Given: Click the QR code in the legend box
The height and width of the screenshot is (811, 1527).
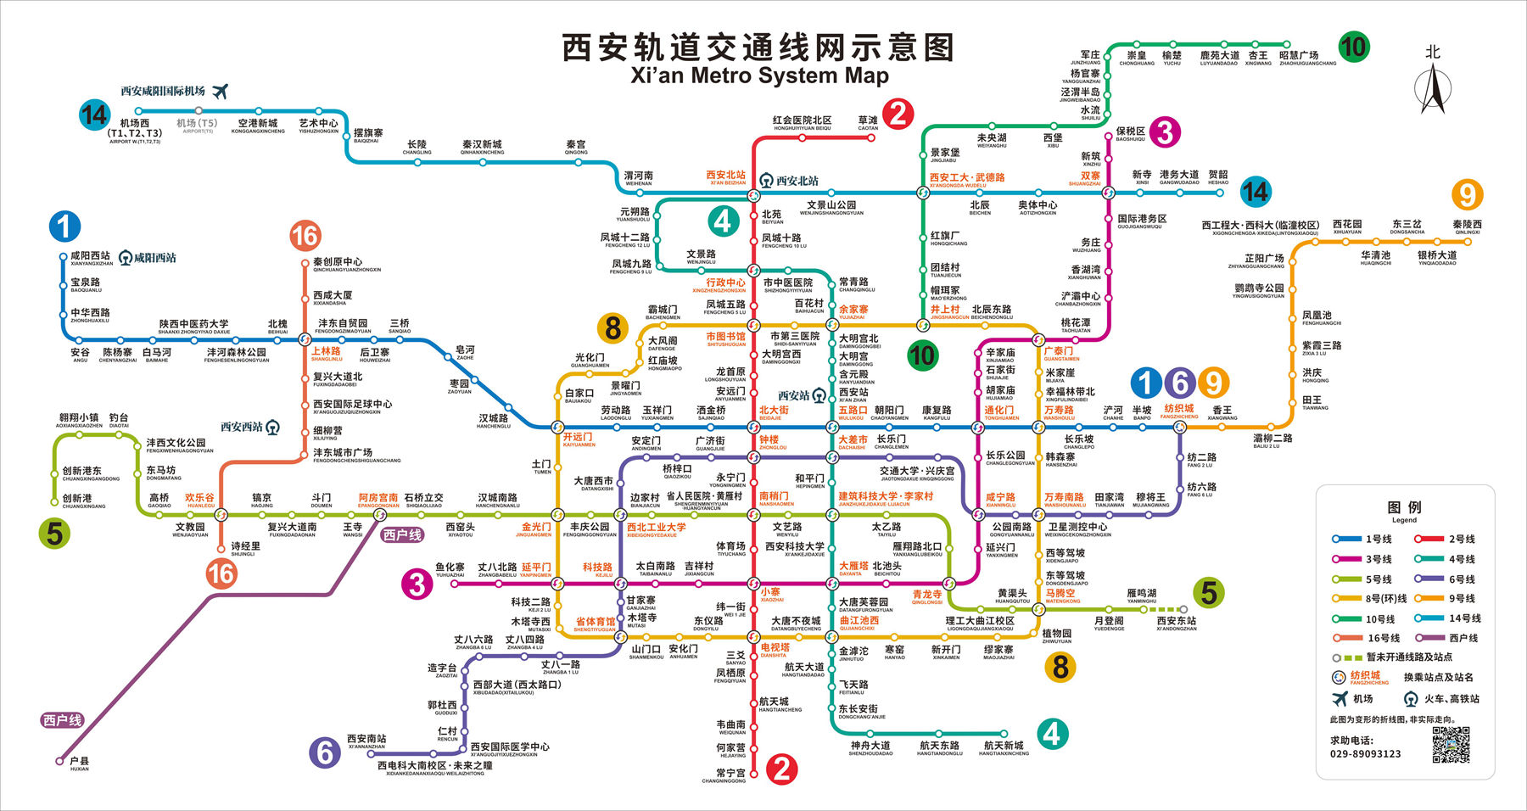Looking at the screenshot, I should pyautogui.click(x=1451, y=744).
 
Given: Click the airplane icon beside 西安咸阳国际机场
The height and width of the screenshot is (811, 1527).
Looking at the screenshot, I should pyautogui.click(x=221, y=91).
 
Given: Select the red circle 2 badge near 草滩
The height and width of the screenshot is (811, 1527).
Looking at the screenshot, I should pyautogui.click(x=898, y=113).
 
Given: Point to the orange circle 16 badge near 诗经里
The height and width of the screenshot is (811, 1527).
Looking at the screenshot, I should pyautogui.click(x=221, y=574).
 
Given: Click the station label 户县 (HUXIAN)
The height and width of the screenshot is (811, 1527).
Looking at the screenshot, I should pyautogui.click(x=79, y=761).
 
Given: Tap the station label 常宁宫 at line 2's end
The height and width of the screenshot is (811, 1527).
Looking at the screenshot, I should pyautogui.click(x=730, y=773).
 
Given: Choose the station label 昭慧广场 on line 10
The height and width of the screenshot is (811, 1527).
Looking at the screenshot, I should pyautogui.click(x=1298, y=55).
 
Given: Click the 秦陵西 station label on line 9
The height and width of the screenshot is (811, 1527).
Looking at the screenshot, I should pyautogui.click(x=1467, y=225).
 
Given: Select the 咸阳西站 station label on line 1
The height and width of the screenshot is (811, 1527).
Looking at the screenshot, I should pyautogui.click(x=90, y=255).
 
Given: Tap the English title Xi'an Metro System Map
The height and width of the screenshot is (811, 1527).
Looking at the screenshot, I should pyautogui.click(x=759, y=76).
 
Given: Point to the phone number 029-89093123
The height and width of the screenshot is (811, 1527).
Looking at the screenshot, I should pyautogui.click(x=1365, y=753).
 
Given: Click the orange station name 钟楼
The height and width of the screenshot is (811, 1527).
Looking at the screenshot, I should pyautogui.click(x=769, y=439).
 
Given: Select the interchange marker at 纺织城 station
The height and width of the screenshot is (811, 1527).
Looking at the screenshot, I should pyautogui.click(x=1179, y=428).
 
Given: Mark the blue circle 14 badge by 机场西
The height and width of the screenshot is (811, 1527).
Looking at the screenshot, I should pyautogui.click(x=94, y=115).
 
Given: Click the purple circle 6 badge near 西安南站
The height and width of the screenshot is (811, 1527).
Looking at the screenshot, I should pyautogui.click(x=324, y=752).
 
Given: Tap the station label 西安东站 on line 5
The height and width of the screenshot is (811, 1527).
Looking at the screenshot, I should pyautogui.click(x=1176, y=621).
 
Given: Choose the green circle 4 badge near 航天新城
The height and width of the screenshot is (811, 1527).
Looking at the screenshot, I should pyautogui.click(x=1052, y=733).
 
